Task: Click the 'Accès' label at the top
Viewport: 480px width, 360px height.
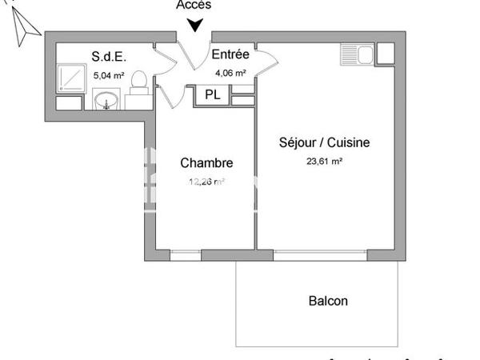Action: click(194, 5)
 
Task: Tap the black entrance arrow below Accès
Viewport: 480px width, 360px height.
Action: click(194, 26)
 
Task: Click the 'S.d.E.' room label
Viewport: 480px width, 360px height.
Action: click(109, 56)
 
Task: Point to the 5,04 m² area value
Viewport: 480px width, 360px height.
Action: click(109, 74)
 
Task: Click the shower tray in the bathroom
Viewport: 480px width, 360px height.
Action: click(74, 76)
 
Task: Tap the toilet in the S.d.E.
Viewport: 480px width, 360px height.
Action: click(138, 82)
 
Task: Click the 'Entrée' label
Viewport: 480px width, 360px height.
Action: click(230, 55)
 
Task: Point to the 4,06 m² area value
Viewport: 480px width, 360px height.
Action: click(230, 73)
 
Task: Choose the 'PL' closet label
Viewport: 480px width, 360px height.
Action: click(212, 94)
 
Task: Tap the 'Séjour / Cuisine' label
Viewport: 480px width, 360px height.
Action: click(324, 143)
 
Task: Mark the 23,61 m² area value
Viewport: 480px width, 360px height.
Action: click(323, 161)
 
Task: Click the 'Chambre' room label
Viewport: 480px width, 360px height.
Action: click(206, 163)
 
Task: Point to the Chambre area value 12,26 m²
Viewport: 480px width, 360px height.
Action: click(206, 182)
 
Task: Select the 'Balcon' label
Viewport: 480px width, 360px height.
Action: click(328, 302)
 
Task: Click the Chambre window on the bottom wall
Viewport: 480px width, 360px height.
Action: click(185, 255)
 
